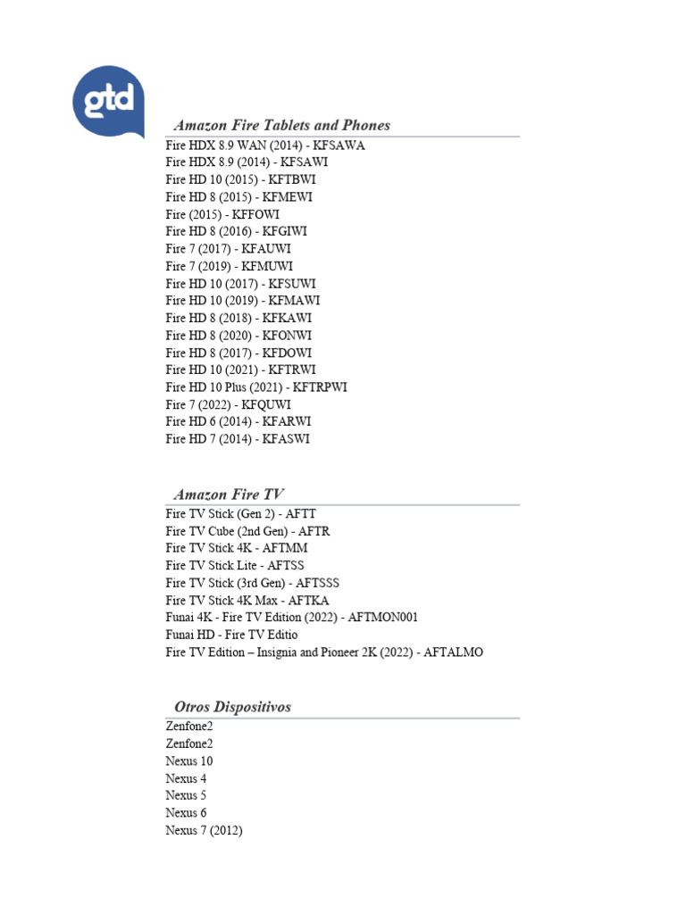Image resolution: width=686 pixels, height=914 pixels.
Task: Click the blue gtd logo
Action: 107,101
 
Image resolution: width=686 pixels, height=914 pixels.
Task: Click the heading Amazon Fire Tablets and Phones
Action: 282,125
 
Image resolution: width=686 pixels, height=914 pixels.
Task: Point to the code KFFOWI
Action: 257,214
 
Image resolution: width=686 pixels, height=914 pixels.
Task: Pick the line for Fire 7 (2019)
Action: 229,266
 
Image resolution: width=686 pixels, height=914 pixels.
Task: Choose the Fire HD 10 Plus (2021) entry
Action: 256,387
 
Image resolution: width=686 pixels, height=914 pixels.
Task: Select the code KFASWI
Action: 286,439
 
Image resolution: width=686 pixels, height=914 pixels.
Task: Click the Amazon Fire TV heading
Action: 230,494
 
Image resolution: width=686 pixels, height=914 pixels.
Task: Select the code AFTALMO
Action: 453,652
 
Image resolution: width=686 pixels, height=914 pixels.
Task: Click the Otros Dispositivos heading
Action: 233,707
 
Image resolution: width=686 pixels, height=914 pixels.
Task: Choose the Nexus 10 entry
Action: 189,761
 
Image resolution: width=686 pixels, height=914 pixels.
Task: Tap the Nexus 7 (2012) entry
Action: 204,830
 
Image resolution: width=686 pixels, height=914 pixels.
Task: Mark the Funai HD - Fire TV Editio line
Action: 231,635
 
